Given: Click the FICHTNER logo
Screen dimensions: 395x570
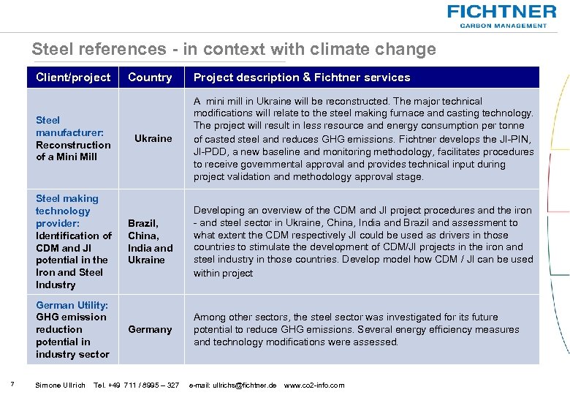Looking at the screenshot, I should [501, 12].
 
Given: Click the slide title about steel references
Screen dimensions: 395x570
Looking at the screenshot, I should [234, 49].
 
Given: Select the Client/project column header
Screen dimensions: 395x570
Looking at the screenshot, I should [73, 78].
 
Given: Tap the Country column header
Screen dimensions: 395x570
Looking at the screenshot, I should [150, 78].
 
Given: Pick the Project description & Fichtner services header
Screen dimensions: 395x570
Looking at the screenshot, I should [302, 78].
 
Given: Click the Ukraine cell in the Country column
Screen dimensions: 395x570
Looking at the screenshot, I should [153, 138].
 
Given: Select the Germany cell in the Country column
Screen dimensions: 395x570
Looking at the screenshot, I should [150, 329].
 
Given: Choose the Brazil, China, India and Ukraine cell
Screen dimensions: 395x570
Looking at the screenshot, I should [151, 241].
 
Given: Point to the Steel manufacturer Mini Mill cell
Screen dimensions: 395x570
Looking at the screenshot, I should [73, 138].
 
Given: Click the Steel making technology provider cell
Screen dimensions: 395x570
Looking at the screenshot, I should [73, 241].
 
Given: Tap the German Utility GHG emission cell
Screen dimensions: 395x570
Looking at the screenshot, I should [72, 329].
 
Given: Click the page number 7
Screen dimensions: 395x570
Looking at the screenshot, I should [7, 385].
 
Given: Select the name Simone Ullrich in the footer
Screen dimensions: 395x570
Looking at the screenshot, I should [60, 385].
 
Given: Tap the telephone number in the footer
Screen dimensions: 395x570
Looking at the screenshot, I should [137, 385].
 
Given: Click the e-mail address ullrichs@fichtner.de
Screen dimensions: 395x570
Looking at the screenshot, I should [232, 385].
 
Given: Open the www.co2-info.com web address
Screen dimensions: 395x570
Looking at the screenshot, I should [314, 385].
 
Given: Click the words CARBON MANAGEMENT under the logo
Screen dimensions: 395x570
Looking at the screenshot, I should [503, 26].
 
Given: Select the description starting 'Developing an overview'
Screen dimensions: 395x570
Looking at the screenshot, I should [363, 241].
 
